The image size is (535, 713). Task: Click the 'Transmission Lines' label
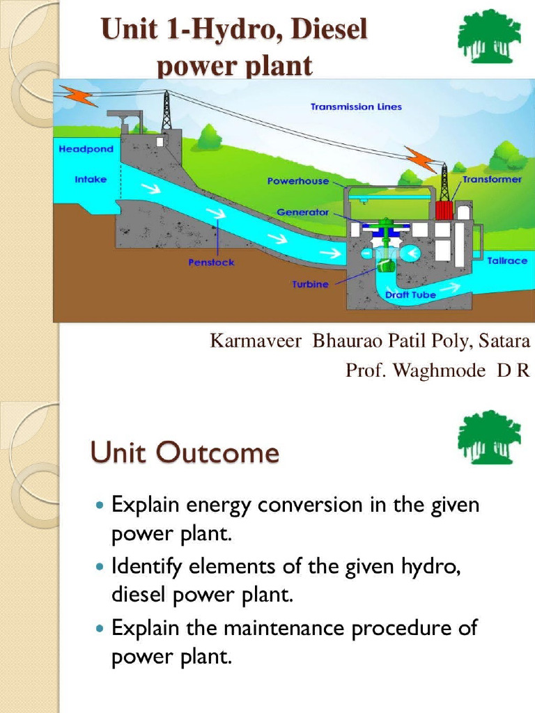(x=356, y=107)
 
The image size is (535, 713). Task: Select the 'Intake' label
(x=91, y=179)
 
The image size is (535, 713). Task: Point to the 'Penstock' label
(x=211, y=263)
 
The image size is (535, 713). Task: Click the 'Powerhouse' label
(x=297, y=181)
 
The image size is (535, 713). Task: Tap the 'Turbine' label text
(x=310, y=285)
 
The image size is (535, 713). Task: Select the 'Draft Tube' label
(x=410, y=295)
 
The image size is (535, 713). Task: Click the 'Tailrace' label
(x=507, y=260)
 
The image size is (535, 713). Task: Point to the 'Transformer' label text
(x=492, y=179)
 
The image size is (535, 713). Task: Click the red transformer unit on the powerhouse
(x=444, y=210)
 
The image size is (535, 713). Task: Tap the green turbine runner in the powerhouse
(x=384, y=263)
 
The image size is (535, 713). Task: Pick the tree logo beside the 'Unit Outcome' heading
(x=489, y=437)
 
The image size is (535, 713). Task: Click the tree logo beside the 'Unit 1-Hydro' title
(x=489, y=36)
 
